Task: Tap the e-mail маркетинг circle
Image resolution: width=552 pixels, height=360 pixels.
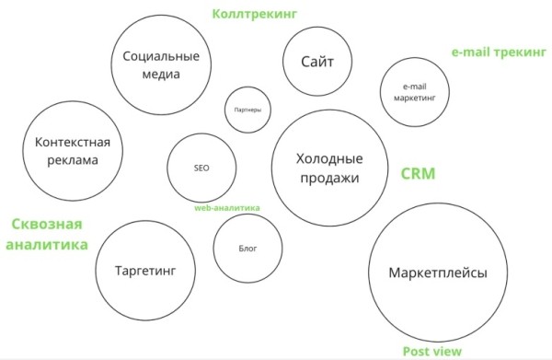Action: point(413,90)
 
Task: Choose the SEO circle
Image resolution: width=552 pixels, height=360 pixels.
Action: point(201,169)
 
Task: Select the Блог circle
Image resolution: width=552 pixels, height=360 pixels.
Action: point(247,249)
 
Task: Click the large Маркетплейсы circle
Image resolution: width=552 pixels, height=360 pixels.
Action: point(436,274)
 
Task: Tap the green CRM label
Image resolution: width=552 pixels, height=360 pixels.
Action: point(418,173)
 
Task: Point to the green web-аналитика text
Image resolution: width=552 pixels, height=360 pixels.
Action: point(226,208)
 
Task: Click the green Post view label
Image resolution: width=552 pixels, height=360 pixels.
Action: point(432,351)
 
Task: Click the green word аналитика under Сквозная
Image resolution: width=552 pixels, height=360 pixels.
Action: point(47,245)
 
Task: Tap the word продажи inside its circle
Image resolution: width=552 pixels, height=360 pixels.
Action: point(328,178)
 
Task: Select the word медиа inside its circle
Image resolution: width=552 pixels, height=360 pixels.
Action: point(161,75)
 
